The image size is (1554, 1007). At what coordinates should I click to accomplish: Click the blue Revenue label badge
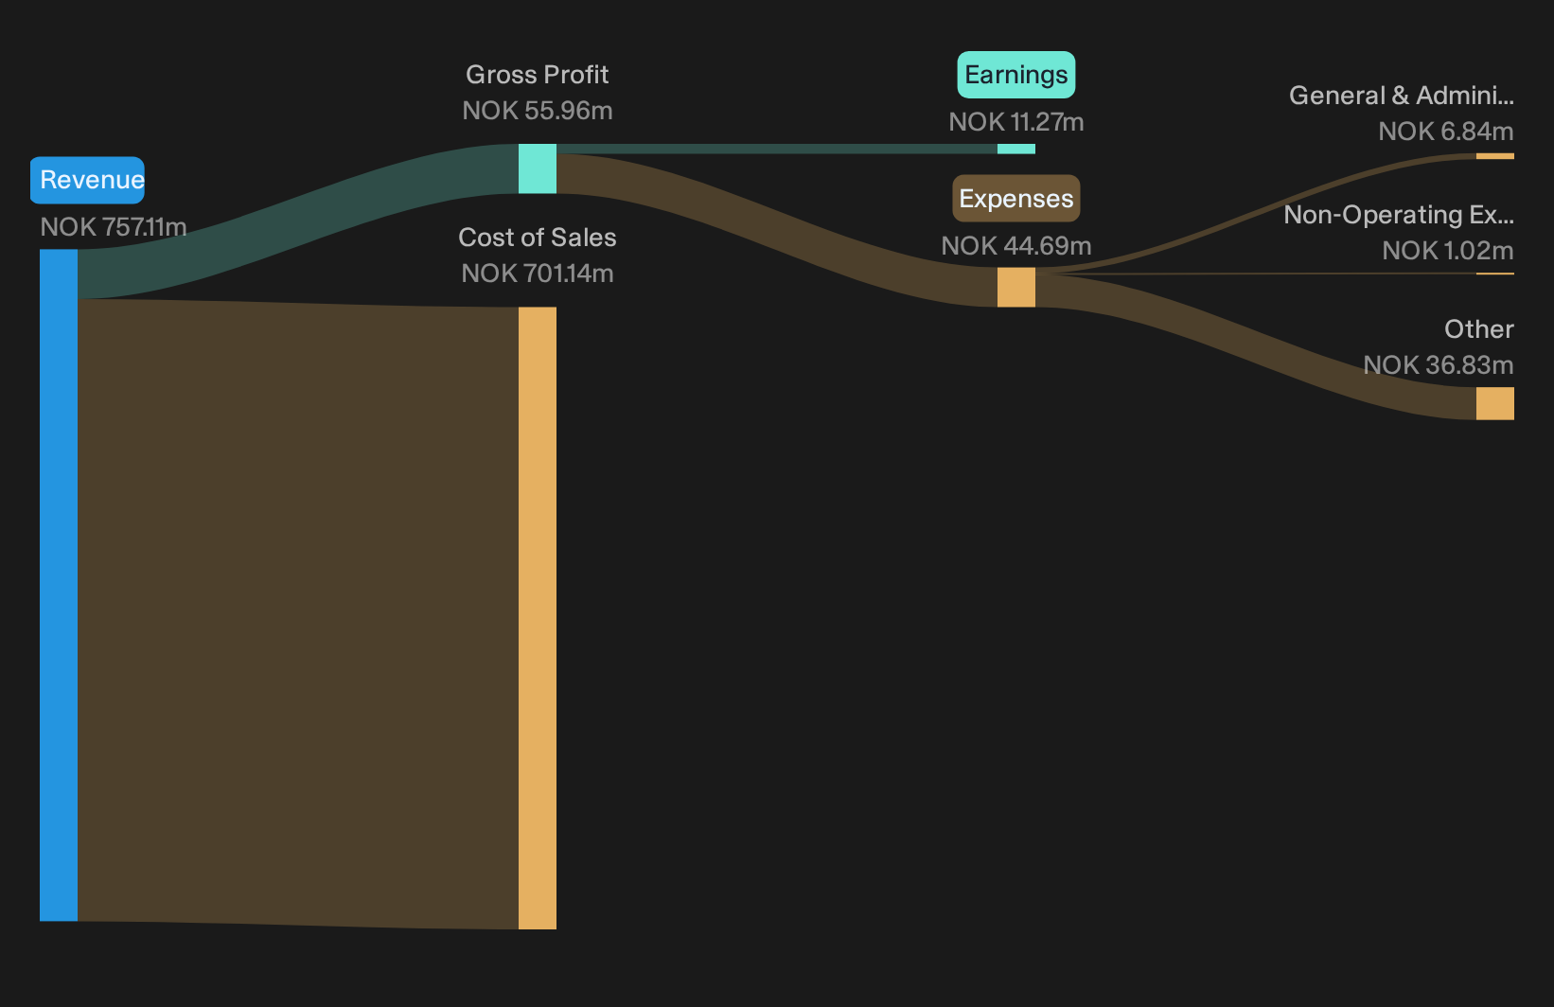pyautogui.click(x=87, y=181)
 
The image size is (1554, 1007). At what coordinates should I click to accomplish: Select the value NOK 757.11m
pyautogui.click(x=113, y=227)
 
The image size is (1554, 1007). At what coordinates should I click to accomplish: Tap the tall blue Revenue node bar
pyautogui.click(x=59, y=585)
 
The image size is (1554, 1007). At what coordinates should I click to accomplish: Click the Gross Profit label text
pyautogui.click(x=537, y=75)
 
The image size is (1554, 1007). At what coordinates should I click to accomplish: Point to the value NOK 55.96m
pyautogui.click(x=538, y=111)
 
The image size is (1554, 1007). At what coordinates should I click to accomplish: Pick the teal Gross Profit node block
pyautogui.click(x=538, y=168)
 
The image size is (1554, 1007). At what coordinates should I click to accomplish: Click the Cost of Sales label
pyautogui.click(x=537, y=238)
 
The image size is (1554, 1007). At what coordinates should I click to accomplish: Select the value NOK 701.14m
pyautogui.click(x=538, y=274)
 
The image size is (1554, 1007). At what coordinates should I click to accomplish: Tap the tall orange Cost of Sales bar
pyautogui.click(x=538, y=618)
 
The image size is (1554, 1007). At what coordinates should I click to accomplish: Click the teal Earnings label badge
pyautogui.click(x=1016, y=75)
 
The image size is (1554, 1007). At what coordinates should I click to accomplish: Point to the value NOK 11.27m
pyautogui.click(x=1016, y=122)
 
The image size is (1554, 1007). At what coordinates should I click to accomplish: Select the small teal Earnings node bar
pyautogui.click(x=1016, y=149)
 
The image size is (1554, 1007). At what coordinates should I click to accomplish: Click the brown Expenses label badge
pyautogui.click(x=1016, y=199)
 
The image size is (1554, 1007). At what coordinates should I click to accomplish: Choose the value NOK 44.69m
pyautogui.click(x=1016, y=246)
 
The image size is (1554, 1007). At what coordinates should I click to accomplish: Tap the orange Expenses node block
pyautogui.click(x=1016, y=287)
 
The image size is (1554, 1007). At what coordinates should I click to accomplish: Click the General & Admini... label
pyautogui.click(x=1402, y=96)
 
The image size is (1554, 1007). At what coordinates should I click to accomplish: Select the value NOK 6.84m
pyautogui.click(x=1446, y=132)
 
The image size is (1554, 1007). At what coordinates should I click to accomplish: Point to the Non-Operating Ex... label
pyautogui.click(x=1399, y=215)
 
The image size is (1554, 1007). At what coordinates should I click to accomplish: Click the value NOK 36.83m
pyautogui.click(x=1439, y=365)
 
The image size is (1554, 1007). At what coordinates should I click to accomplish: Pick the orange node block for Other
pyautogui.click(x=1495, y=403)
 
